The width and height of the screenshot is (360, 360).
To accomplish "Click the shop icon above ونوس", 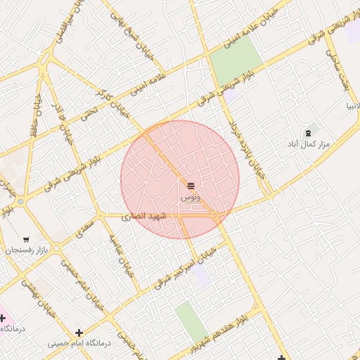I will click(x=191, y=185).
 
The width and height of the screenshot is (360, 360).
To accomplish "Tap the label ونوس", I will click(x=191, y=198).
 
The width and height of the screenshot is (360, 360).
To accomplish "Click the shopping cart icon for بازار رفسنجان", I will click(x=27, y=240).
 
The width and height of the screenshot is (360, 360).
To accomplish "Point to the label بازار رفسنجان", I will click(x=23, y=250).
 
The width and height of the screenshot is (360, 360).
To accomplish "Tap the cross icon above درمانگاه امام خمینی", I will click(x=79, y=333).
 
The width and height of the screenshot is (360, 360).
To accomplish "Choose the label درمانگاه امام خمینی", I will click(x=79, y=343).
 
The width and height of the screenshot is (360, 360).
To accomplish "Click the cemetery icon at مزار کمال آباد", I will click(x=308, y=133).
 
